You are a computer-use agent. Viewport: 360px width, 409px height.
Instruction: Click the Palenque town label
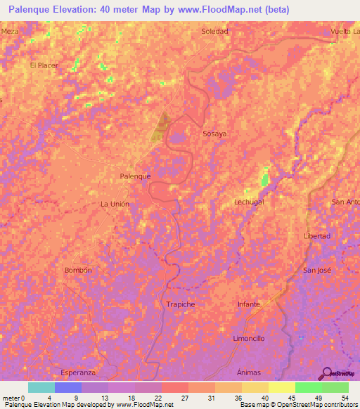coord(136,176)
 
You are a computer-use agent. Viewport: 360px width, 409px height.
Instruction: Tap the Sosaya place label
coord(214,133)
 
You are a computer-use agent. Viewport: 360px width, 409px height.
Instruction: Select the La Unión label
coord(115,204)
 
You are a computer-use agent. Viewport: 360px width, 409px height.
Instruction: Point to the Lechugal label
coord(248,202)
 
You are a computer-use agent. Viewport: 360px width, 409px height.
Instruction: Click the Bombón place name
coord(78,270)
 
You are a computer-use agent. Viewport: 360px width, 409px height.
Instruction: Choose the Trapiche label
coord(180,304)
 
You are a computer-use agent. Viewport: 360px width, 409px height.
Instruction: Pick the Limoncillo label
coord(248,338)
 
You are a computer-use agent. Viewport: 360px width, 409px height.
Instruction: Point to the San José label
coord(316,270)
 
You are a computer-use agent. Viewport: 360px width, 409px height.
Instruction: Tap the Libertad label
coord(316,236)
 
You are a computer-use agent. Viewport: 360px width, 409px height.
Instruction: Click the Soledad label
coord(214,32)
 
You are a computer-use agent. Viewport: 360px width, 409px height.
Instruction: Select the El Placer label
coord(43,65)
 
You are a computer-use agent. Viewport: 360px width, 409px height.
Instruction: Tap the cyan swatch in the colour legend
coord(41,387)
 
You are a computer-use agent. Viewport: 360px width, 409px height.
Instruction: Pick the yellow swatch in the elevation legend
coord(282,387)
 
